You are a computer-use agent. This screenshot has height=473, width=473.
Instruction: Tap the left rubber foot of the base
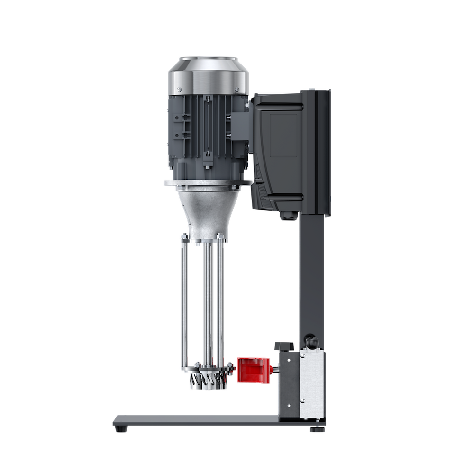pyautogui.click(x=124, y=429)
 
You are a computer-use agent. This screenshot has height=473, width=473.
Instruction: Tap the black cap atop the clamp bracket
pyautogui.click(x=283, y=344)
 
